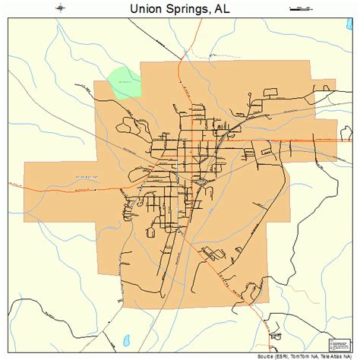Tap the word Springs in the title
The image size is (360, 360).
(186, 9)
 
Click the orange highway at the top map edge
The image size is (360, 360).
(201, 23)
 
